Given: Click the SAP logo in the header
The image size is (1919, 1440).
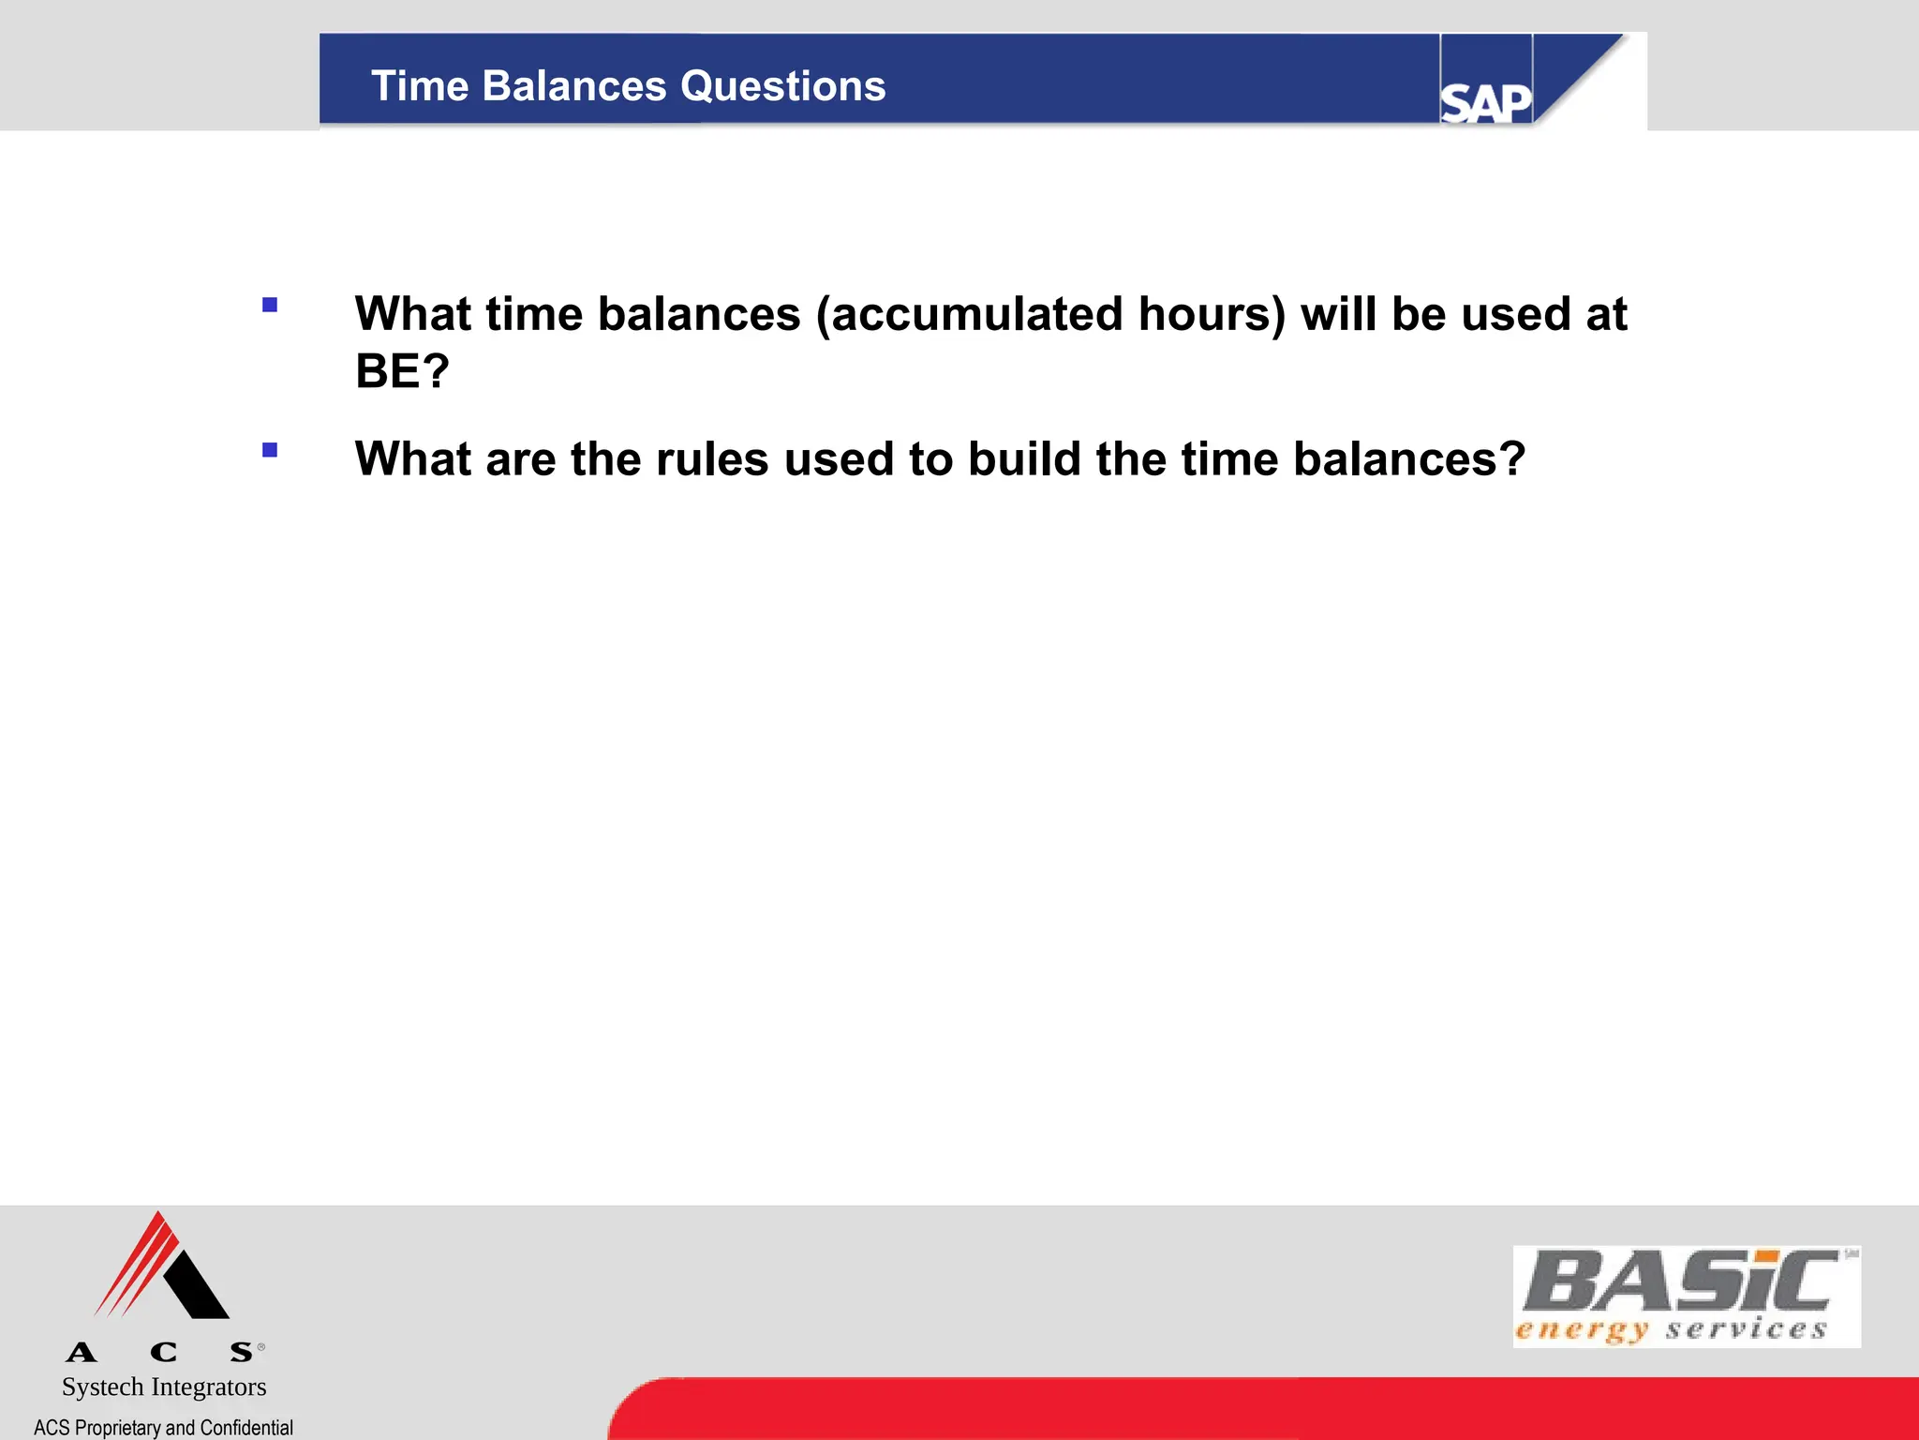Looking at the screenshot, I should coord(1485,101).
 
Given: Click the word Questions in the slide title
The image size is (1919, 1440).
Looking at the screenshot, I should coord(782,86).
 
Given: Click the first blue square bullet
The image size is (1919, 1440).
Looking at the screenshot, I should coord(270,305).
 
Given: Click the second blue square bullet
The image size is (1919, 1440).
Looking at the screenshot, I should coord(270,450).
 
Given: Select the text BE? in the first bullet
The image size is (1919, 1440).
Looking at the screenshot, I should coord(402,371).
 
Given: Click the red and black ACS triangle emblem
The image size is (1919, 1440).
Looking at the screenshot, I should coord(162,1267).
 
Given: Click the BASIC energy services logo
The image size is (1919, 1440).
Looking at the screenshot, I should coord(1686,1297).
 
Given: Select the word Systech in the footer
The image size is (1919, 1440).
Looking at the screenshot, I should coord(102,1387).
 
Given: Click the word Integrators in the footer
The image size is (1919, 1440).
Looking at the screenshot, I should coord(209,1387).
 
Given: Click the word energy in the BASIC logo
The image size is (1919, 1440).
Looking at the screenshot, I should coord(1582,1330).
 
